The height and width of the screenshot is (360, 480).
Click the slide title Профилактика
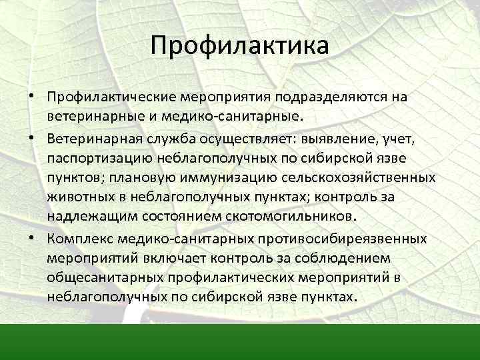[239, 46]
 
